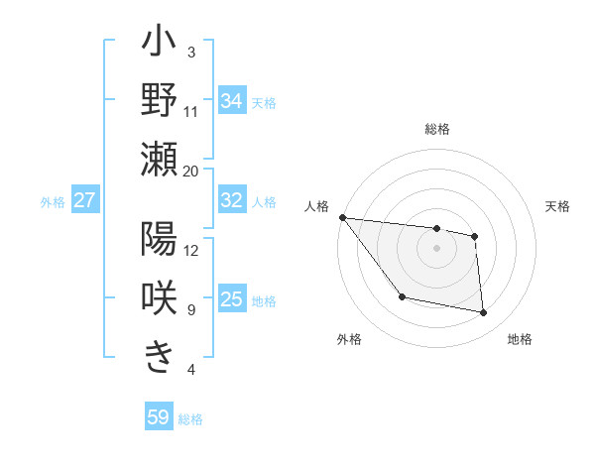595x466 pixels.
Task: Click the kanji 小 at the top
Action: (160, 46)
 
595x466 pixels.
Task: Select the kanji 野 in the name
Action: (160, 101)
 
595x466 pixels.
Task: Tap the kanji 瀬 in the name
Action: (160, 159)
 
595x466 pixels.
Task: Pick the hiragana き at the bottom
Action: (160, 356)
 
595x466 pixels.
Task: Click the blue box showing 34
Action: (231, 101)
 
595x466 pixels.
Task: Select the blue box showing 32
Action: (231, 200)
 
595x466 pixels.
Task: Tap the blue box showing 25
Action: (231, 299)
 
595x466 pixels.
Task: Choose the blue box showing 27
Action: (84, 200)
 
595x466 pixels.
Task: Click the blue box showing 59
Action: (158, 417)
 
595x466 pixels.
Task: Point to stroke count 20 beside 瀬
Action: (191, 171)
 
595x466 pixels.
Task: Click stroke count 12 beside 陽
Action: (191, 250)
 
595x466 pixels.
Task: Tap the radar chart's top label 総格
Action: (437, 129)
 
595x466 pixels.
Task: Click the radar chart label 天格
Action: (558, 206)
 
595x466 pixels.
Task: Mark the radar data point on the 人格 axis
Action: (342, 217)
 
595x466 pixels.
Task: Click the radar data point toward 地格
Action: (484, 313)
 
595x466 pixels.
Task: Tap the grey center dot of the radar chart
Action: (436, 248)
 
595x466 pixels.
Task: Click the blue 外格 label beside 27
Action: (53, 201)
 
